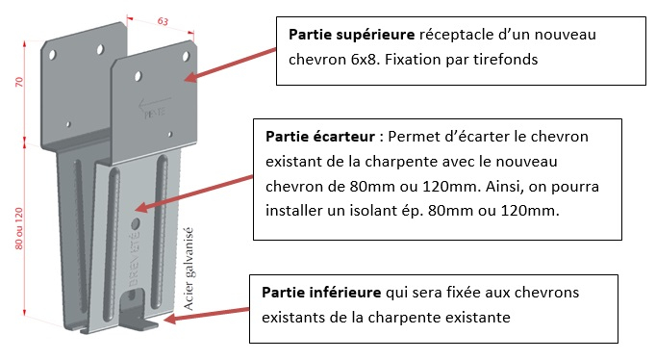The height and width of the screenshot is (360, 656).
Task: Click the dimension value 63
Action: point(163,21)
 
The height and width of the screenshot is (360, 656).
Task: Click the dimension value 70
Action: point(19,82)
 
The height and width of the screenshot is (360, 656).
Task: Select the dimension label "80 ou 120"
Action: point(19,228)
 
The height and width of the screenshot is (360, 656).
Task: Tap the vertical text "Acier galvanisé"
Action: point(189,269)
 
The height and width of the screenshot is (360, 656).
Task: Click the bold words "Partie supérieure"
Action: point(351,35)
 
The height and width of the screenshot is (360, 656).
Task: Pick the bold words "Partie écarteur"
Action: point(320,137)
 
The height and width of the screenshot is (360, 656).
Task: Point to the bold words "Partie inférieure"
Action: point(321,293)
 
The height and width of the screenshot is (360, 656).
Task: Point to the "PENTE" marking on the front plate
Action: point(155,113)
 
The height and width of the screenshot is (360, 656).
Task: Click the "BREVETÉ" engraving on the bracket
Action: point(134,260)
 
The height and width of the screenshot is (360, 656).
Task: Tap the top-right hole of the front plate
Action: point(186,56)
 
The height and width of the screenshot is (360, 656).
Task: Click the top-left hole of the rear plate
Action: point(53,55)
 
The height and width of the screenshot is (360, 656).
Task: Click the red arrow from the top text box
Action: point(230,64)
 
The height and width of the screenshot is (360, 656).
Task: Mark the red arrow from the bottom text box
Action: point(206,315)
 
